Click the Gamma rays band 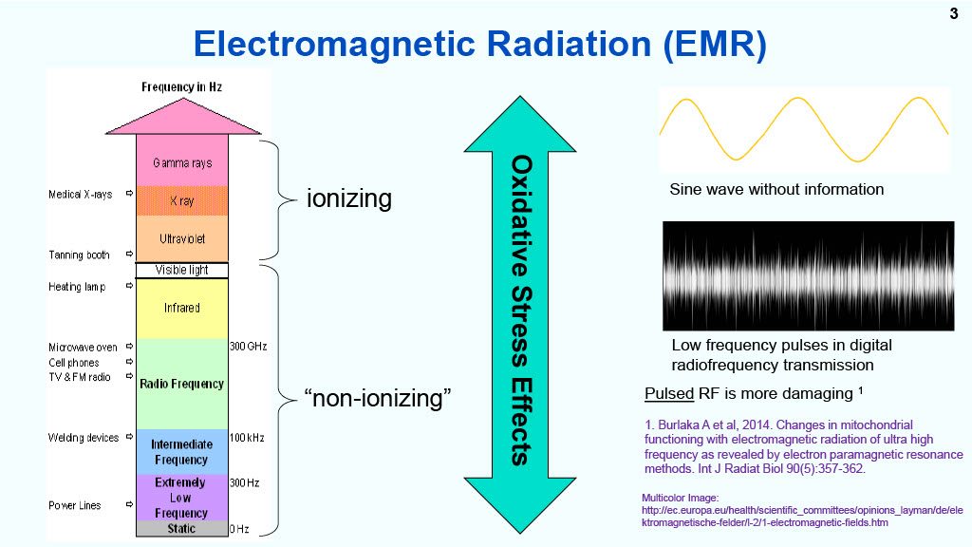coord(182,160)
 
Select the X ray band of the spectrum coord(182,201)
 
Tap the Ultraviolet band coord(182,238)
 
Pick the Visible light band coord(182,271)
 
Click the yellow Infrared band coord(182,309)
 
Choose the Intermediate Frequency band coord(182,452)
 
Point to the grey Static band coord(182,528)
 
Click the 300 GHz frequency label coord(248,346)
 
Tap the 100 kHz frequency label coord(247,438)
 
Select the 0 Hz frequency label coord(239,529)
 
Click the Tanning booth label coord(79,255)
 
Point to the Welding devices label coord(84,438)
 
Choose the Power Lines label coord(74,505)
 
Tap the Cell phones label coord(74,363)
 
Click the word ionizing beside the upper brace coord(349,199)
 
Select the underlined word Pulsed coord(669,394)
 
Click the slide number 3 coord(953,13)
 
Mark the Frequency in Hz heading coord(181,86)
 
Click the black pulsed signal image coord(809,276)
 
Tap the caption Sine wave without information coord(776,189)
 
